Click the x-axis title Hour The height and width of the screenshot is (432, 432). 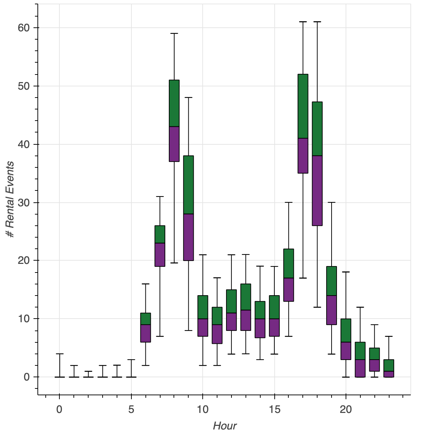(225, 426)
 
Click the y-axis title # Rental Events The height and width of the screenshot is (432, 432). (10, 199)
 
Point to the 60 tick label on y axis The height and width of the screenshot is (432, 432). (24, 28)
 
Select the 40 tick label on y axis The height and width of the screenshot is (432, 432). (24, 144)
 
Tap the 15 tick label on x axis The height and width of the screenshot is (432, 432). (274, 409)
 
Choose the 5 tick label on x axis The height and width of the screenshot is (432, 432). (131, 409)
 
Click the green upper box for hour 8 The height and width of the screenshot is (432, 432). (174, 103)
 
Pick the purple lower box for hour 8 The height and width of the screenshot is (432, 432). (174, 144)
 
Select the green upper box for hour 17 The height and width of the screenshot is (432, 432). (303, 106)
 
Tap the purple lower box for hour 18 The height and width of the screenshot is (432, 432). (317, 190)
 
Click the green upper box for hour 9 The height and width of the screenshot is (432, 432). (188, 185)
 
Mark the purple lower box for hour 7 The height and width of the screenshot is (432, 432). (160, 255)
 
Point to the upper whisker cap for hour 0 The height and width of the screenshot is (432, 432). (59, 354)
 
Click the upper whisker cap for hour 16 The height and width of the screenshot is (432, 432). (289, 202)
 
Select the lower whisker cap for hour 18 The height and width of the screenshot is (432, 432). (317, 307)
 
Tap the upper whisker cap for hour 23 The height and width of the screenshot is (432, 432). (389, 336)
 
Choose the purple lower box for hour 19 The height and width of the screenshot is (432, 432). (332, 310)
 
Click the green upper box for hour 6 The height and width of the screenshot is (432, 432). (145, 319)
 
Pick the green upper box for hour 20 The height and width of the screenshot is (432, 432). (346, 330)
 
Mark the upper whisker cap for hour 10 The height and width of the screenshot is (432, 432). (203, 255)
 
